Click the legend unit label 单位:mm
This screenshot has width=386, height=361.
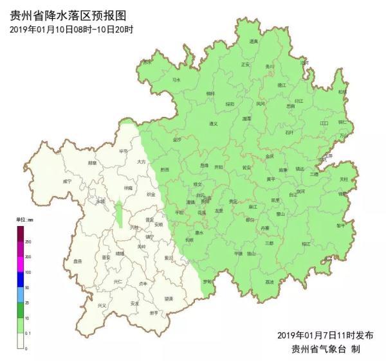coord(24,220)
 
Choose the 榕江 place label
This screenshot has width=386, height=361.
coord(305,243)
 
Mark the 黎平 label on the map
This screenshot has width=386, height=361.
coord(341,225)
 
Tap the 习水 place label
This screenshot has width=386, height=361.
coord(176,80)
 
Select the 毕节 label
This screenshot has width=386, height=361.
coord(123,152)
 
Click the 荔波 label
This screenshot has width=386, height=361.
coord(269,282)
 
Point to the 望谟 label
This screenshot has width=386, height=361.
coord(168,299)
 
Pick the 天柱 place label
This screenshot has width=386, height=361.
coord(344,179)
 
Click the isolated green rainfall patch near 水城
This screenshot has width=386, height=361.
coord(119,214)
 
